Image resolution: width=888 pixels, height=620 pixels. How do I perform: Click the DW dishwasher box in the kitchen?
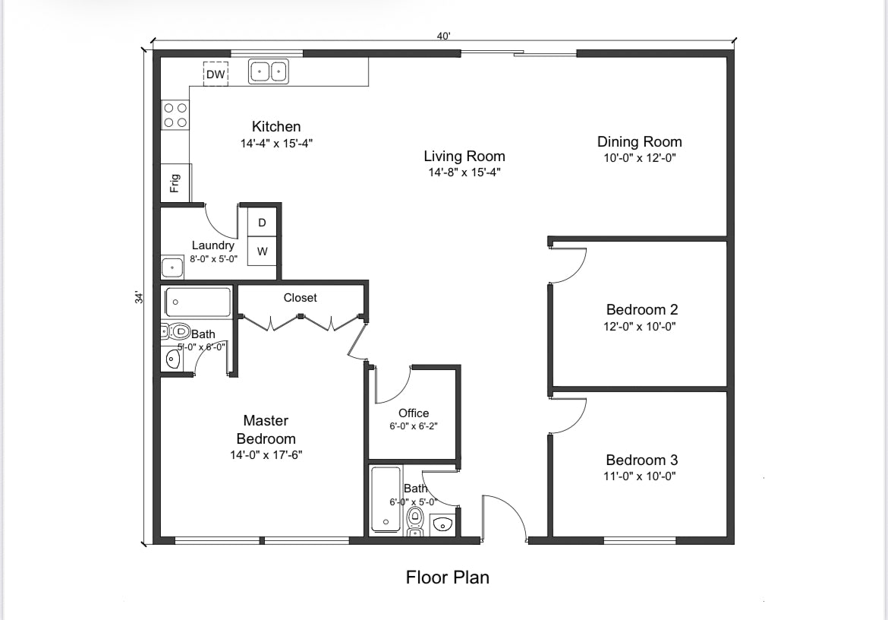(x=216, y=74)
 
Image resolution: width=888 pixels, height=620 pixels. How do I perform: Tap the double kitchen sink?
(x=269, y=71)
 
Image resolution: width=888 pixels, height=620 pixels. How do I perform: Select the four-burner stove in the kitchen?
(x=175, y=115)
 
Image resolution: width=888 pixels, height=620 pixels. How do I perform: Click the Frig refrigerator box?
(x=175, y=182)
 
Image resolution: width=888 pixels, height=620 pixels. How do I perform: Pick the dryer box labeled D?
(x=262, y=223)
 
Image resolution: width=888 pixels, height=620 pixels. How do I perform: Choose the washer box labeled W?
(x=262, y=251)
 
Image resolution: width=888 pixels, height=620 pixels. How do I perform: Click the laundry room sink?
(x=172, y=267)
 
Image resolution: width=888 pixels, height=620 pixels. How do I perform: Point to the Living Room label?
(x=464, y=157)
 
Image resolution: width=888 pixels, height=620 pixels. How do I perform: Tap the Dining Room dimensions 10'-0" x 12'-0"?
(x=639, y=159)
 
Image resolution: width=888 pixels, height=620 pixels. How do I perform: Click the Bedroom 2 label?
(x=641, y=309)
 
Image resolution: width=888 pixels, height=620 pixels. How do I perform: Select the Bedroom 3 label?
(x=641, y=460)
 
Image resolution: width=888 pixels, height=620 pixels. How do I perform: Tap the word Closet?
(x=300, y=298)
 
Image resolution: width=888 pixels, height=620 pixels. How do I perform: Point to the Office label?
(x=414, y=413)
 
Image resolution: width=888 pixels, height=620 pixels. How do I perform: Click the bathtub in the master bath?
(x=198, y=302)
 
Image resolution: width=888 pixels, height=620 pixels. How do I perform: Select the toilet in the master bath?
(x=178, y=331)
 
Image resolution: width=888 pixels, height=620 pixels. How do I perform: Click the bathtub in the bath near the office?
(x=386, y=499)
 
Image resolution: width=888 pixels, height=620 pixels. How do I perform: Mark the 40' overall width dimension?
(x=443, y=36)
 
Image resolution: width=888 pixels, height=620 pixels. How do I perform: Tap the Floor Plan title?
(x=447, y=577)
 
